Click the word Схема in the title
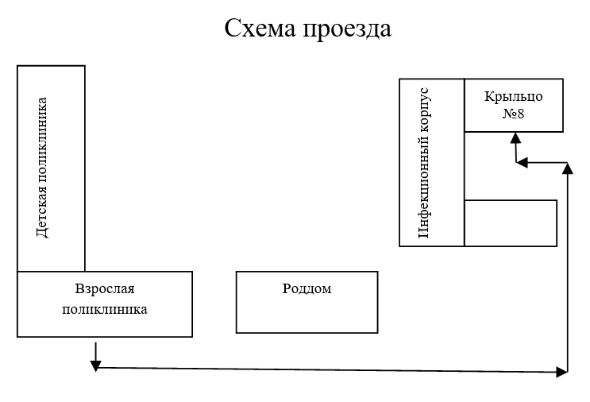[258, 29]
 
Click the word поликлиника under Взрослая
[105, 309]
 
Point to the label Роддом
[307, 289]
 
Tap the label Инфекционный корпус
[423, 163]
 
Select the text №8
[513, 114]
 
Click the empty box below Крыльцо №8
[511, 223]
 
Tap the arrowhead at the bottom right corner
[563, 371]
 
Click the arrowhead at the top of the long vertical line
[568, 168]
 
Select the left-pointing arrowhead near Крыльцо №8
[522, 163]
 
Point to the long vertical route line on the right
[568, 270]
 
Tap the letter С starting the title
[233, 29]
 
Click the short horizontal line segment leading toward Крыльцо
[545, 163]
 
